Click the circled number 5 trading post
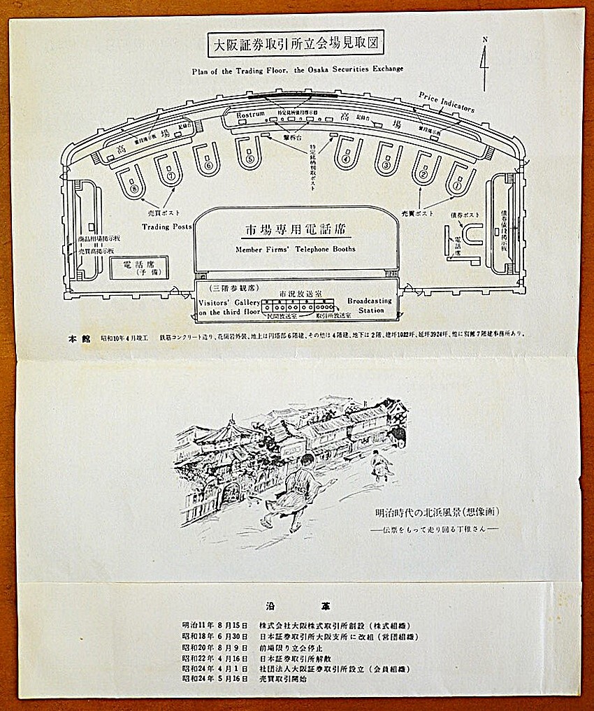click(x=249, y=159)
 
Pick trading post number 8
click(x=133, y=188)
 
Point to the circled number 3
click(x=386, y=166)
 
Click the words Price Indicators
click(x=447, y=102)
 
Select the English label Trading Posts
click(x=166, y=227)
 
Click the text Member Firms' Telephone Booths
click(x=296, y=249)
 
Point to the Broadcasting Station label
click(x=370, y=305)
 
